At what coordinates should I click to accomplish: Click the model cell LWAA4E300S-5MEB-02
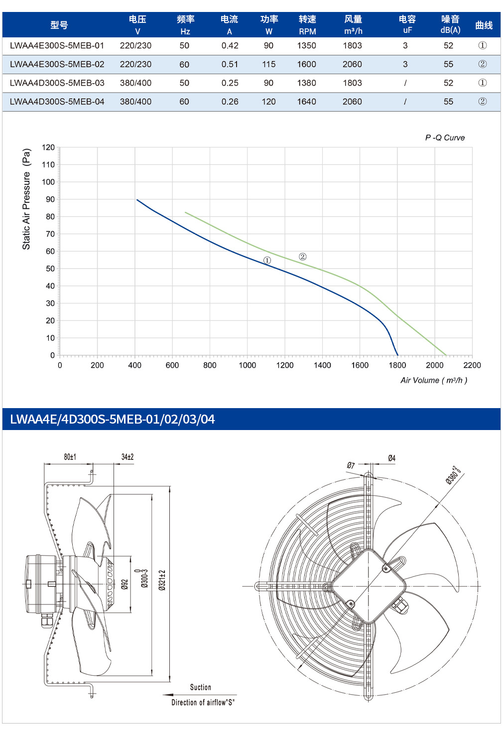[57, 64]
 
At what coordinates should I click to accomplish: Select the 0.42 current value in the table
[230, 46]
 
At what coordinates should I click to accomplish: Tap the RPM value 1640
[306, 102]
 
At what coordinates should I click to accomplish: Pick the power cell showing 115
[268, 64]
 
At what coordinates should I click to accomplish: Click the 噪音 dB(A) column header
[450, 24]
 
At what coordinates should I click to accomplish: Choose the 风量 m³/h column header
[353, 24]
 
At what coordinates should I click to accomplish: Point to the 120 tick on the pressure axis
[48, 147]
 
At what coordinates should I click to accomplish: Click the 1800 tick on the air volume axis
[397, 365]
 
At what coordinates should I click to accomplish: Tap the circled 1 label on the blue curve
[267, 261]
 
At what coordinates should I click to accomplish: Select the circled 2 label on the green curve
[302, 257]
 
